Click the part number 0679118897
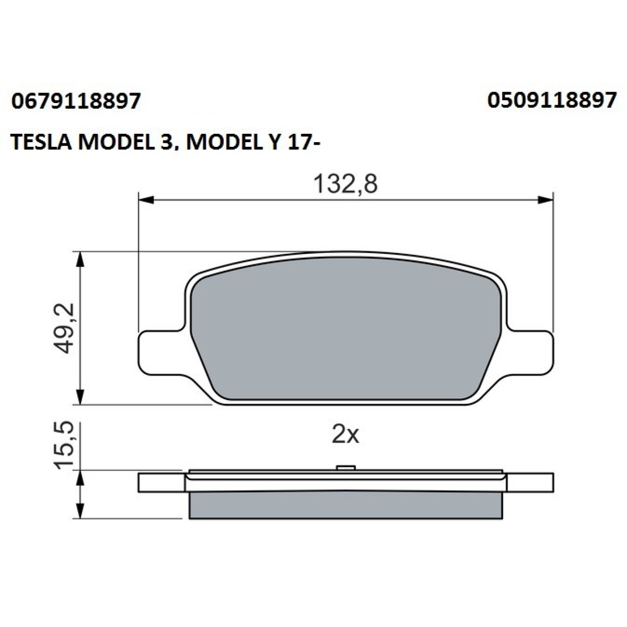[x=76, y=101]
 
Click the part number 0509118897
[x=552, y=100]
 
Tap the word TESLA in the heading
[x=41, y=143]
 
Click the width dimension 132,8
[x=345, y=184]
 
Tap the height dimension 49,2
[x=64, y=328]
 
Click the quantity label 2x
[x=345, y=436]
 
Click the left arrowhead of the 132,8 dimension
[x=146, y=200]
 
